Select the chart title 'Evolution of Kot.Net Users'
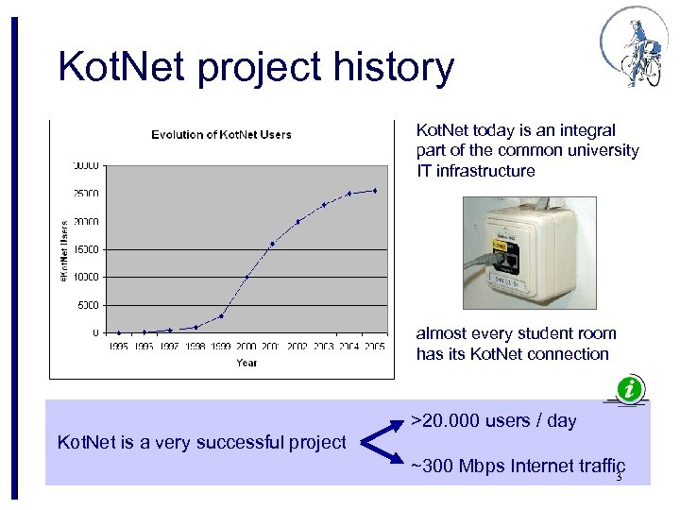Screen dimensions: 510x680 tap(221, 134)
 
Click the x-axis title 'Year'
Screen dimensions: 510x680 tap(246, 362)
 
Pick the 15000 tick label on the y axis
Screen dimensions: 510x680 tap(86, 249)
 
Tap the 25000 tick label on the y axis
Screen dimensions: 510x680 tap(86, 194)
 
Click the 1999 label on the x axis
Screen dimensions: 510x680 tap(221, 347)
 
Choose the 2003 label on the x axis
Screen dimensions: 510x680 tap(323, 347)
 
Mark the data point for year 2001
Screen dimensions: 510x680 tap(272, 244)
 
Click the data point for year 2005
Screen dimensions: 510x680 tap(374, 191)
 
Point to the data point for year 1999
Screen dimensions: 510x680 tap(221, 315)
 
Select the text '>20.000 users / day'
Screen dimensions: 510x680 tap(495, 421)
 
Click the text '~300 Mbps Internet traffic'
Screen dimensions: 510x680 tap(518, 466)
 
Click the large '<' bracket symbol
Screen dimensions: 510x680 tap(379, 442)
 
